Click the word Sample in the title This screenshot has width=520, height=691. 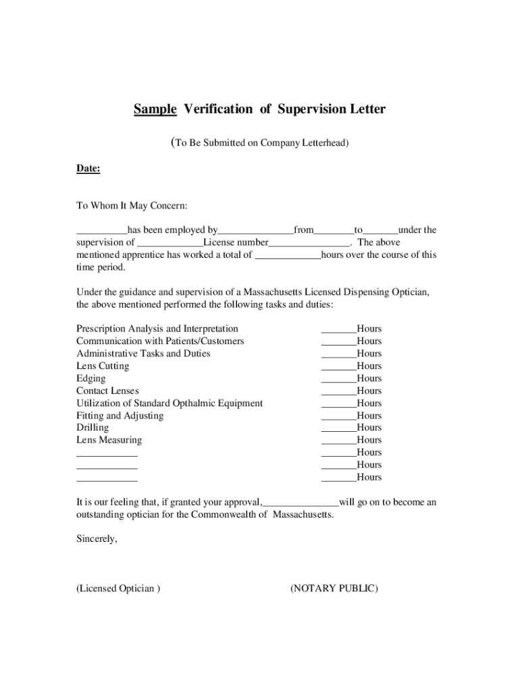pyautogui.click(x=155, y=109)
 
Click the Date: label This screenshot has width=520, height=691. pyautogui.click(x=88, y=169)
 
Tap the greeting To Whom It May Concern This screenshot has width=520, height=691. pyautogui.click(x=132, y=205)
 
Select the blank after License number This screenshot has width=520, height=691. pyautogui.click(x=309, y=243)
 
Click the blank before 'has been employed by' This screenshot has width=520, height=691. pyautogui.click(x=101, y=231)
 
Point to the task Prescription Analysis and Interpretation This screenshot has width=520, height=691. pyautogui.click(x=157, y=329)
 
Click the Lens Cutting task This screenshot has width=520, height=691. pyautogui.click(x=103, y=366)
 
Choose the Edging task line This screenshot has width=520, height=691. pyautogui.click(x=91, y=379)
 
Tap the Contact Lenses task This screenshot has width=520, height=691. pyautogui.click(x=107, y=391)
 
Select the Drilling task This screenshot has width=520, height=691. pyautogui.click(x=93, y=428)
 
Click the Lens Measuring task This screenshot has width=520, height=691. pyautogui.click(x=109, y=440)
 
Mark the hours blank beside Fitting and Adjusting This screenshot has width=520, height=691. pyautogui.click(x=338, y=416)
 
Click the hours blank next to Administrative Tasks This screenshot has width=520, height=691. pyautogui.click(x=338, y=354)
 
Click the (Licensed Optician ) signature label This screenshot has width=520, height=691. pyautogui.click(x=118, y=588)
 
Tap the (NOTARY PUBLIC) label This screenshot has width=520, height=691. pyautogui.click(x=334, y=588)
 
